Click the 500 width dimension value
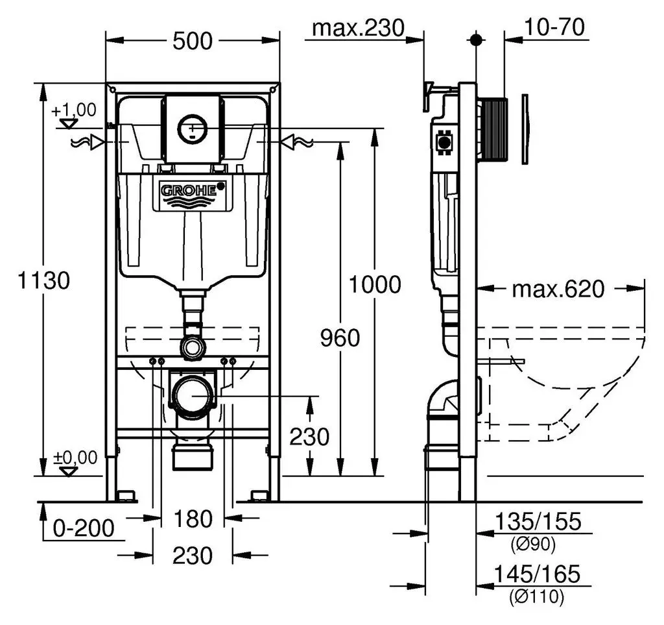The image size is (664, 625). pos(192,41)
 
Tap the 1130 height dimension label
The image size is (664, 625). pos(43,280)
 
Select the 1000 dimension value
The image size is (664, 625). pos(375,285)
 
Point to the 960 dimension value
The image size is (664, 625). pos(340,338)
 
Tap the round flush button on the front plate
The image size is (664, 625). pos(193,129)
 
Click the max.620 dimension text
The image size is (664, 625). pos(558,289)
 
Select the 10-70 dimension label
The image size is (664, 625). pos(554,27)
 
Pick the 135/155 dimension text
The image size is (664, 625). pos(538,522)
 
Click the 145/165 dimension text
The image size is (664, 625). pos(537,574)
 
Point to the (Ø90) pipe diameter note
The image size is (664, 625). pos(533,544)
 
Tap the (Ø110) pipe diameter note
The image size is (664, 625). pos(537,597)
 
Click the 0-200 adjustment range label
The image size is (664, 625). pos(84,528)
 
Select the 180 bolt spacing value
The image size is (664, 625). pos(193,519)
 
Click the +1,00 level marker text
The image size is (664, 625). pos(74,110)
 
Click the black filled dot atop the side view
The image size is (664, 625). pos(476,40)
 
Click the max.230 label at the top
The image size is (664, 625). pos(358,29)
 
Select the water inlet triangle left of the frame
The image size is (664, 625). pos(98,142)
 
